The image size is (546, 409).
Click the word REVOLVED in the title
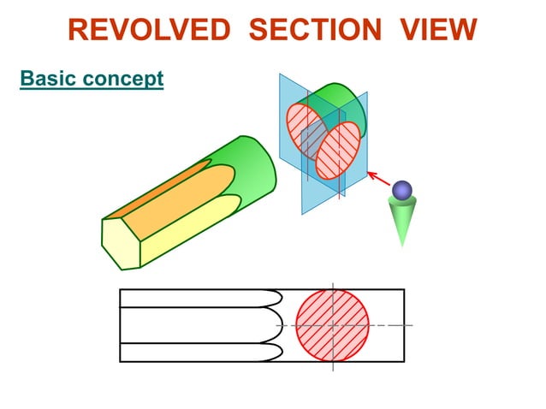(x=150, y=31)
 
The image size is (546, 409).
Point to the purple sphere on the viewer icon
(x=401, y=190)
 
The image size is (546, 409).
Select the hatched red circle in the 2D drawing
(x=333, y=325)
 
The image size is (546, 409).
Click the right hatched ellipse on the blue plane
(x=337, y=150)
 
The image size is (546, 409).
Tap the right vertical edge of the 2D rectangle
(x=404, y=325)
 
